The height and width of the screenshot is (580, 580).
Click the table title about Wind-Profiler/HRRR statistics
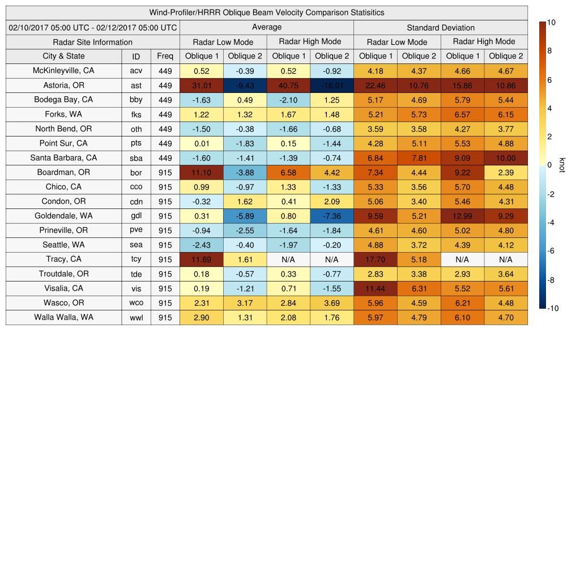[x=267, y=12]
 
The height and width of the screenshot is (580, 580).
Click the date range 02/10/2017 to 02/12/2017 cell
[x=93, y=27]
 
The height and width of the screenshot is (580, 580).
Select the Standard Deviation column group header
[x=441, y=28]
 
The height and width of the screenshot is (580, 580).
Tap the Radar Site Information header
[x=92, y=42]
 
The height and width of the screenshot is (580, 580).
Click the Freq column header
[x=165, y=56]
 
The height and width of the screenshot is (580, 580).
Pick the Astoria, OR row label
[x=64, y=86]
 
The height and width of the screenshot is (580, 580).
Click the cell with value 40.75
[x=288, y=86]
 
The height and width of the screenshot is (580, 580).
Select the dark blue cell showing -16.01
[x=332, y=86]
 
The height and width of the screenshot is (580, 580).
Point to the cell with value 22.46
[x=375, y=86]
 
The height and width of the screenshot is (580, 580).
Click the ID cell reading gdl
[x=136, y=216]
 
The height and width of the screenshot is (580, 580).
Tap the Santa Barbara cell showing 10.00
[x=506, y=158]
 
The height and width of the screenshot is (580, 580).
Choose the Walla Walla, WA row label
[x=64, y=317]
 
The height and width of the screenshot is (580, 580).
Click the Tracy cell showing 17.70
[x=375, y=259]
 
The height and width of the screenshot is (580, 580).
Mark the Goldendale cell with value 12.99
[x=462, y=216]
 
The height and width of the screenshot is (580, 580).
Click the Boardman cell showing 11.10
[x=201, y=172]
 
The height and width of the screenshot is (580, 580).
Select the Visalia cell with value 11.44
[x=375, y=288]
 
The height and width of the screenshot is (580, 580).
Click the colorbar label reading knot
[x=562, y=165]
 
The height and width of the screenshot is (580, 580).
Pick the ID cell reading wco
[x=136, y=303]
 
